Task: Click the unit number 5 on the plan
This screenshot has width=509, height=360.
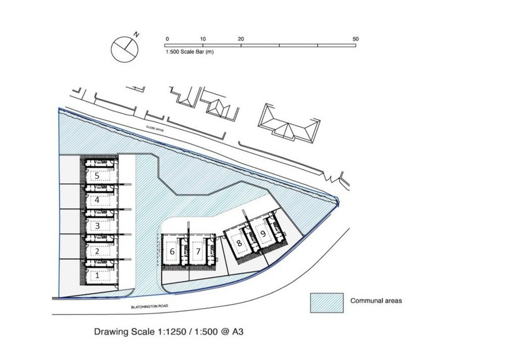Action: tap(97, 176)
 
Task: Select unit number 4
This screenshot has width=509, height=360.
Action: tap(97, 200)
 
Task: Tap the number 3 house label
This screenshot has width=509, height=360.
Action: tap(97, 226)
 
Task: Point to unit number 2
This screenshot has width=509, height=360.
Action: tap(97, 251)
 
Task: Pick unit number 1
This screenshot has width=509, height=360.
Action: tap(97, 276)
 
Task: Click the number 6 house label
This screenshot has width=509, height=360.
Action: tap(172, 251)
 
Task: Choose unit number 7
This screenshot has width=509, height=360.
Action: tap(198, 251)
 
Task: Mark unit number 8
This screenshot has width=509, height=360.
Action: tap(239, 243)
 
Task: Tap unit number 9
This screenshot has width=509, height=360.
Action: tap(263, 234)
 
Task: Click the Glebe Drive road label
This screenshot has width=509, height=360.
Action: tap(155, 129)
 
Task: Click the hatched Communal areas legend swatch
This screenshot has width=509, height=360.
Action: tap(327, 303)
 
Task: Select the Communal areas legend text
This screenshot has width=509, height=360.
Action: tap(376, 301)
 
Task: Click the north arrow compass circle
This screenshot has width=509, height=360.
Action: tap(124, 49)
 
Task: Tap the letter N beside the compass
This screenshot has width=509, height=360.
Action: tap(136, 34)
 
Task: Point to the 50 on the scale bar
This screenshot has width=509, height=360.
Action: tap(355, 39)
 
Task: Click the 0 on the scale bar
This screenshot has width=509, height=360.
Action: tap(167, 39)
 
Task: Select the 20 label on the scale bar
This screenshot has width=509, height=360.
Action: tap(241, 39)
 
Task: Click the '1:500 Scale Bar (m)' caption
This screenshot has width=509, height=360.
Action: tap(189, 52)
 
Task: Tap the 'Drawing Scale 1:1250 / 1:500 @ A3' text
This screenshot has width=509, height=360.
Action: tap(169, 332)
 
